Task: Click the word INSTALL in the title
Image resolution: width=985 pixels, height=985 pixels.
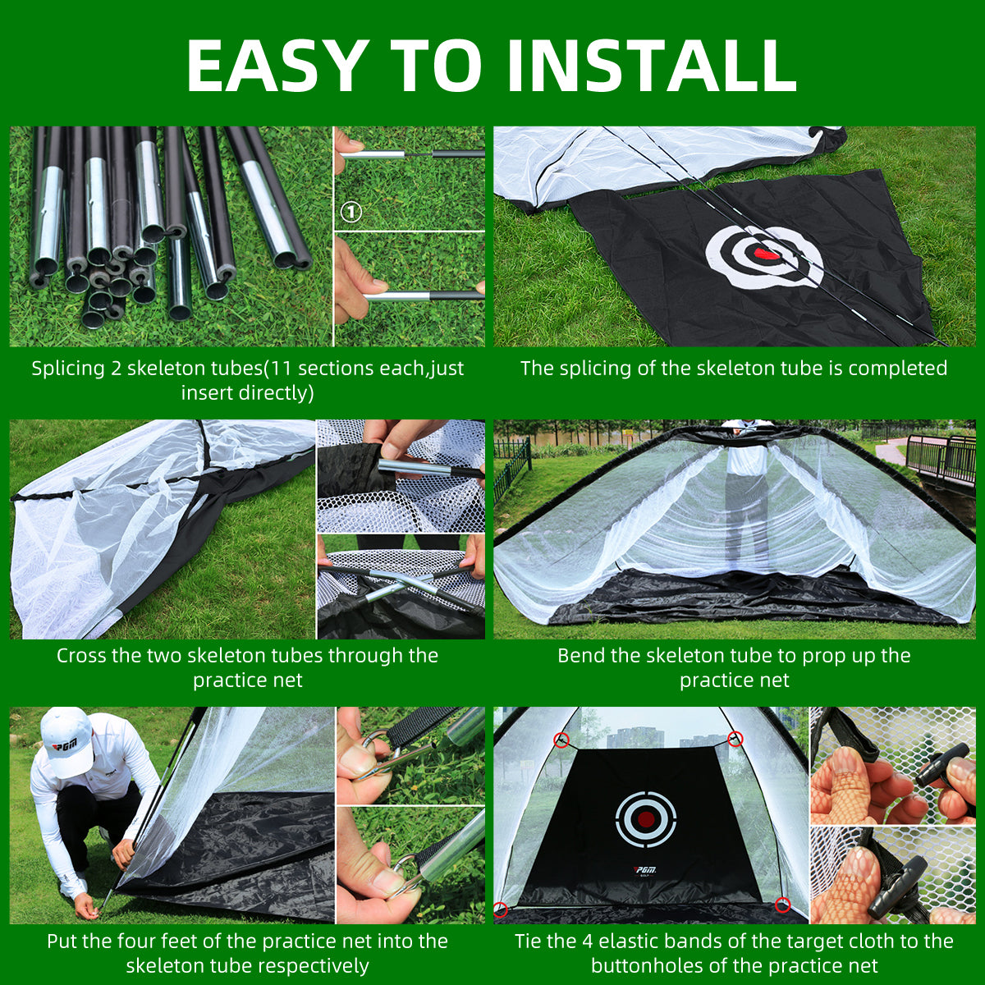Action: pyautogui.click(x=653, y=66)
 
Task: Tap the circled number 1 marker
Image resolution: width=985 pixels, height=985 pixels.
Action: pyautogui.click(x=350, y=213)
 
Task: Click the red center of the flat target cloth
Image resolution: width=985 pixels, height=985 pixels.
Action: pyautogui.click(x=767, y=254)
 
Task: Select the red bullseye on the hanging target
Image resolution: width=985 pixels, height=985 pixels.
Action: pyautogui.click(x=646, y=818)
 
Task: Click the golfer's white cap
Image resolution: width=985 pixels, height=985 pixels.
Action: pyautogui.click(x=66, y=740)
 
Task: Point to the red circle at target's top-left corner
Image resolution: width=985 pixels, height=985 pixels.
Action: pyautogui.click(x=561, y=740)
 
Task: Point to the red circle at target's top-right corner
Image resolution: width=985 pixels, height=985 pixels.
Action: pyautogui.click(x=735, y=739)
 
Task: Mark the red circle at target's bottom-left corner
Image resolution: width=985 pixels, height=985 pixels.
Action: pyautogui.click(x=501, y=909)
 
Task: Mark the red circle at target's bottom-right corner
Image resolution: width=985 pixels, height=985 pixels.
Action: pyautogui.click(x=782, y=905)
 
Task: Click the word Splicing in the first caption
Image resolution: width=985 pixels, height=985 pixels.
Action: pyautogui.click(x=68, y=369)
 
